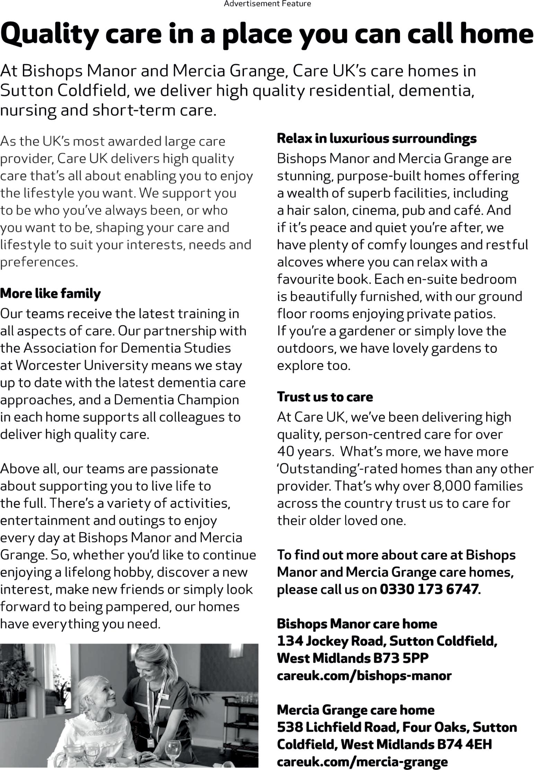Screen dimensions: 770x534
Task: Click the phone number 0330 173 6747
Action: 429,589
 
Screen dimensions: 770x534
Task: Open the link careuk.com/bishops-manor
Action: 364,675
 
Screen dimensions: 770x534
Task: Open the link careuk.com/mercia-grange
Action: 362,761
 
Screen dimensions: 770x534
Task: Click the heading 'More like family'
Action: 50,294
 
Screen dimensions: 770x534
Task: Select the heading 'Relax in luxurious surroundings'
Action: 377,138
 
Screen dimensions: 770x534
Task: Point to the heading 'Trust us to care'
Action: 325,397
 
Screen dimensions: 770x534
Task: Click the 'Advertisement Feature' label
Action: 267,4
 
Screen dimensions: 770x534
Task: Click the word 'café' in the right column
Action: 466,210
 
